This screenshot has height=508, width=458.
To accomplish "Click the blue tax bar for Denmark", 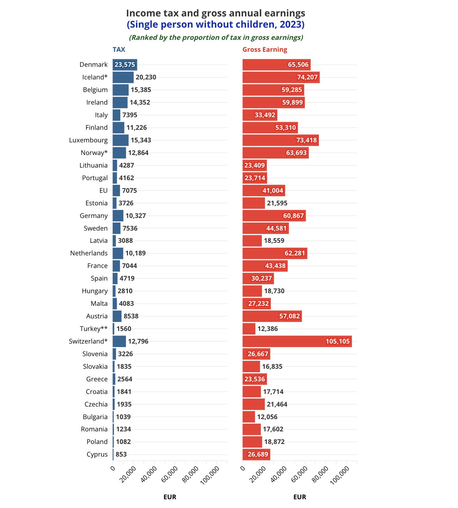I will [125, 65].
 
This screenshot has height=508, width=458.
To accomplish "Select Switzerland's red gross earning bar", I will [297, 341].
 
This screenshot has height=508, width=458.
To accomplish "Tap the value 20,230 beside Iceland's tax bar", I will [146, 77].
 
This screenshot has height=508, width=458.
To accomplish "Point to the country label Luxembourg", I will [88, 140].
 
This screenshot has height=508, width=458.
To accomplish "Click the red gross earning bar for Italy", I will [260, 115].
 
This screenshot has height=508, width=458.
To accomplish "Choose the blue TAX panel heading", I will [119, 50].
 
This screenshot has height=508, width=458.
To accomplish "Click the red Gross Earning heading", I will [265, 50].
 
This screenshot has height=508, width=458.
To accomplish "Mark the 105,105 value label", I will [337, 341].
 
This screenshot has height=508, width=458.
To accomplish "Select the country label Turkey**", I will [94, 329].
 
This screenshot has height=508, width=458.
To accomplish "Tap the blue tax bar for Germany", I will [118, 216].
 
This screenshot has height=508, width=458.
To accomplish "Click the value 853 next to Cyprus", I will [121, 454].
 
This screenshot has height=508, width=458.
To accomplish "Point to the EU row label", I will [103, 191].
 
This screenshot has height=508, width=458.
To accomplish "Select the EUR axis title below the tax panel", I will [170, 497].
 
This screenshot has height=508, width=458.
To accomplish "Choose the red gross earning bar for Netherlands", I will [275, 253].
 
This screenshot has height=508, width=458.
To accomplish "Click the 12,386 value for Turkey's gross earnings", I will [267, 329].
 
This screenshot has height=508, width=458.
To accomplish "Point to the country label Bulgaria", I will [95, 417].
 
